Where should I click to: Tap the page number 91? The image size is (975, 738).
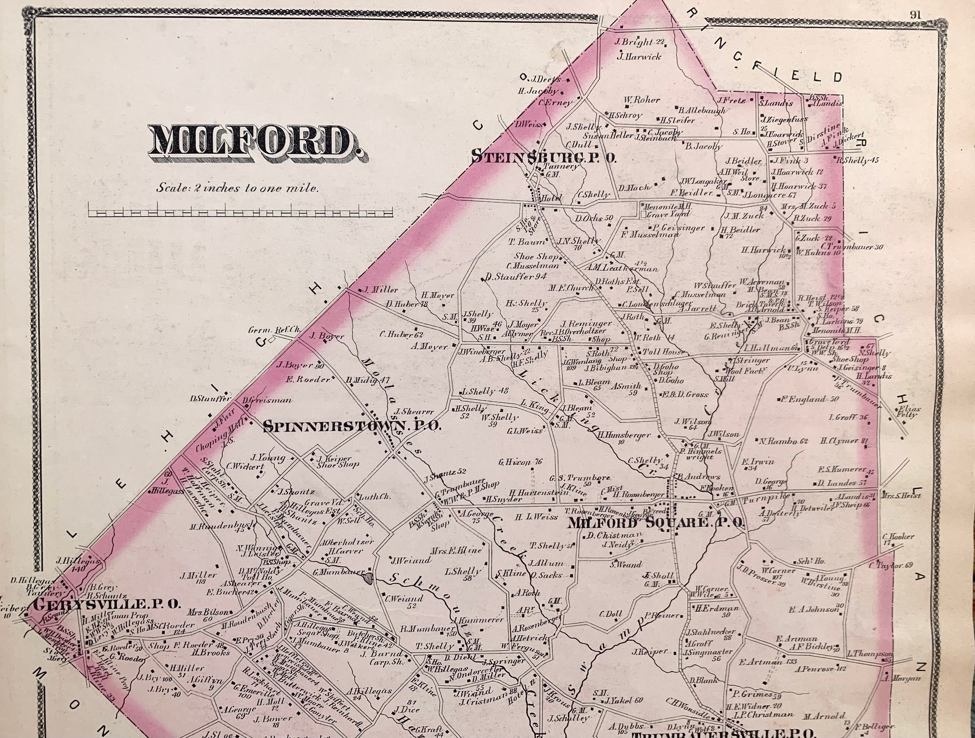pos(915,15)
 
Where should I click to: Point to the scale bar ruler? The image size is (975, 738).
pos(240,212)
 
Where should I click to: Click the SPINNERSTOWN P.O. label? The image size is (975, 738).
pos(352,426)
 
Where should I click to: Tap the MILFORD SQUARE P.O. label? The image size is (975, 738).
pos(655,523)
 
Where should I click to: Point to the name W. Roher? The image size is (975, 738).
pos(641,100)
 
